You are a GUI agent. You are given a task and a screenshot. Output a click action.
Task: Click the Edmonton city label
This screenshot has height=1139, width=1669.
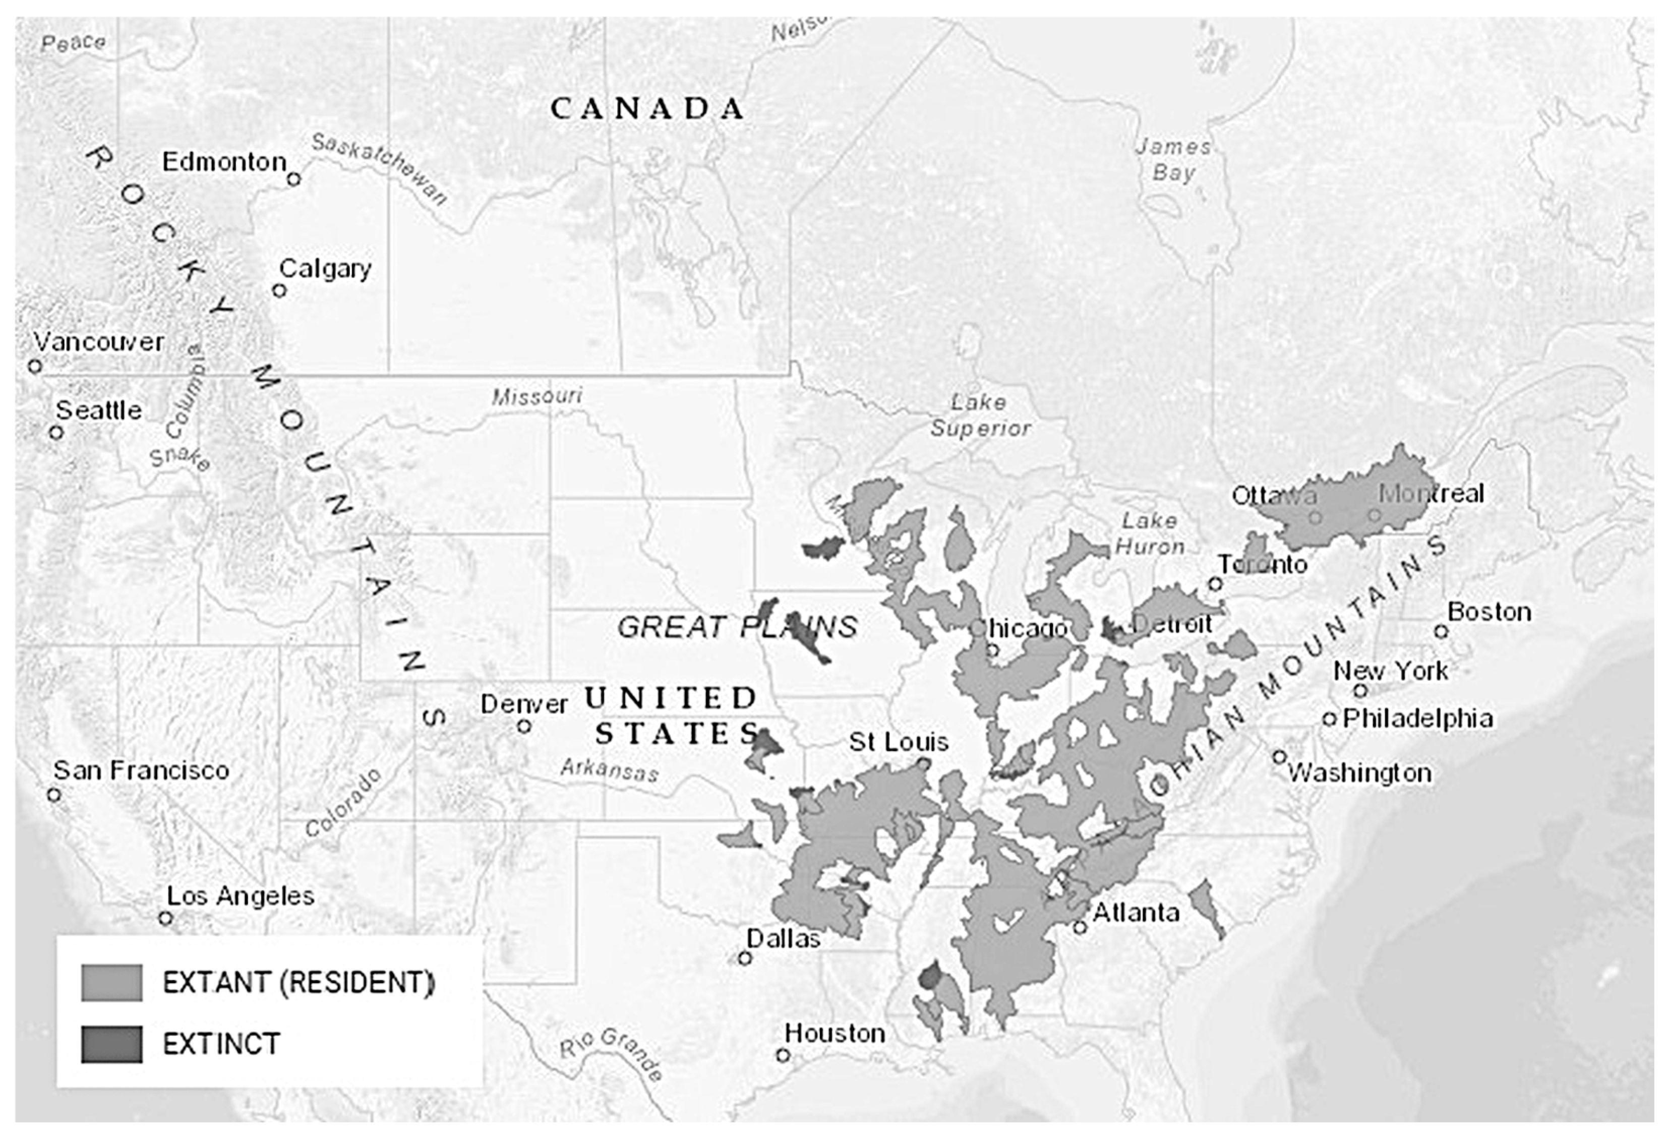[x=224, y=161]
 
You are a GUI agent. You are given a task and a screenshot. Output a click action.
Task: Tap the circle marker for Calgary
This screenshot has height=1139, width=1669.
[x=279, y=290]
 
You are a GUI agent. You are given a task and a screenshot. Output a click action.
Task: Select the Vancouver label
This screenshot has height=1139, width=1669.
[x=98, y=342]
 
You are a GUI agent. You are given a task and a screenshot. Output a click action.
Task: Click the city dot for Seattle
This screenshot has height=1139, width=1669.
[x=56, y=432]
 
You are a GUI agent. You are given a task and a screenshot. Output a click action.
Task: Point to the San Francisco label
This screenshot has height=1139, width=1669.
[x=141, y=770]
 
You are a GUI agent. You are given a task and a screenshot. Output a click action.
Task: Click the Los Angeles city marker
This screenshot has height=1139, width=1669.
[x=166, y=918]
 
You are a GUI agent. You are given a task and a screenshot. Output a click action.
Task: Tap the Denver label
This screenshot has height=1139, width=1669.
[x=523, y=704]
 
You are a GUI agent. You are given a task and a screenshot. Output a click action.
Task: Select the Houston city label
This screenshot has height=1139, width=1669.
[x=834, y=1034]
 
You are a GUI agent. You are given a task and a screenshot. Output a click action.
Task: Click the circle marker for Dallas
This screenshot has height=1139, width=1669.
[x=745, y=958]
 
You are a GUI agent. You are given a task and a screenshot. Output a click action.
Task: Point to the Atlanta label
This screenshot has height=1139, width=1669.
[x=1136, y=913]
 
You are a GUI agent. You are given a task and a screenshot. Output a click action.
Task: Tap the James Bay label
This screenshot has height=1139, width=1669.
[x=1173, y=159]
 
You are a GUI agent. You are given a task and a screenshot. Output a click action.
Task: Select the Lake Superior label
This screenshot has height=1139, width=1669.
[x=980, y=415]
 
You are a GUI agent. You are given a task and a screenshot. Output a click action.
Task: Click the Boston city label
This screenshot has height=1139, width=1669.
[x=1489, y=612]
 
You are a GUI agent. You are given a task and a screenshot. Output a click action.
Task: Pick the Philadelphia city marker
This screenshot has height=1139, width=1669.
[x=1329, y=718]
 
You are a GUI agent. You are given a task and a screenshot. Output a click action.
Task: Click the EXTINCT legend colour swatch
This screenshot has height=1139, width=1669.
[x=111, y=1044]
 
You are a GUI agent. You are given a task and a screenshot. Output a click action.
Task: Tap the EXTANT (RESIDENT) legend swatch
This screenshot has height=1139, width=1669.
[x=111, y=982]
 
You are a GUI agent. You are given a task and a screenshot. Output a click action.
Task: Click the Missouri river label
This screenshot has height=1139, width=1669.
[x=537, y=396]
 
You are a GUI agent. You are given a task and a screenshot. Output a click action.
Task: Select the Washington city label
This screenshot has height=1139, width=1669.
[x=1359, y=773]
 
